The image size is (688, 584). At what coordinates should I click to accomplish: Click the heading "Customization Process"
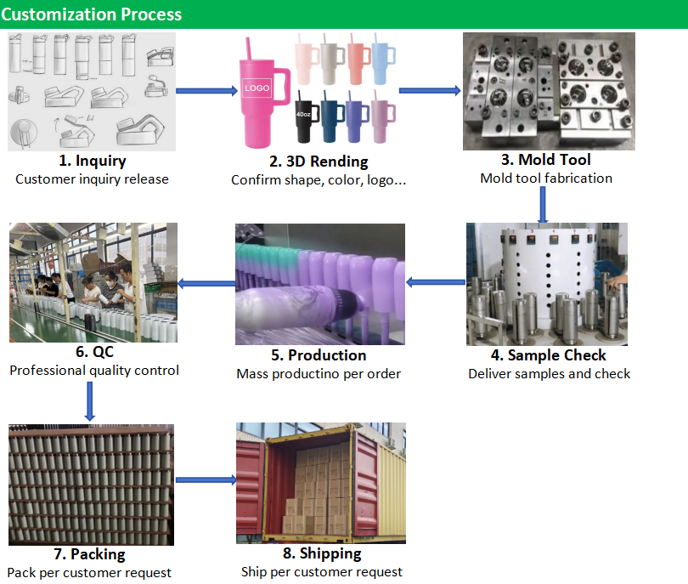click(91, 14)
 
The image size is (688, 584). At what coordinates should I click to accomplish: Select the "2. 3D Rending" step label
click(319, 162)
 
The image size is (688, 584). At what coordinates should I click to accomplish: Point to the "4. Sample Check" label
click(549, 354)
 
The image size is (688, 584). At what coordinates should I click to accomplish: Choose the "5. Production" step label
click(319, 354)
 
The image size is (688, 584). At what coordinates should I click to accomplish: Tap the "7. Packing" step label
click(89, 554)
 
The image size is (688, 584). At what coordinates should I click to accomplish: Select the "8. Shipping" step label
click(321, 553)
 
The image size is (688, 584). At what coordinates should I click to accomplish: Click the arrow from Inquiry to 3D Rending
click(208, 91)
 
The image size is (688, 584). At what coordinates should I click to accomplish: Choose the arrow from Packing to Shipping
click(206, 480)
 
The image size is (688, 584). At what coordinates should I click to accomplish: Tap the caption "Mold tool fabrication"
click(545, 179)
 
